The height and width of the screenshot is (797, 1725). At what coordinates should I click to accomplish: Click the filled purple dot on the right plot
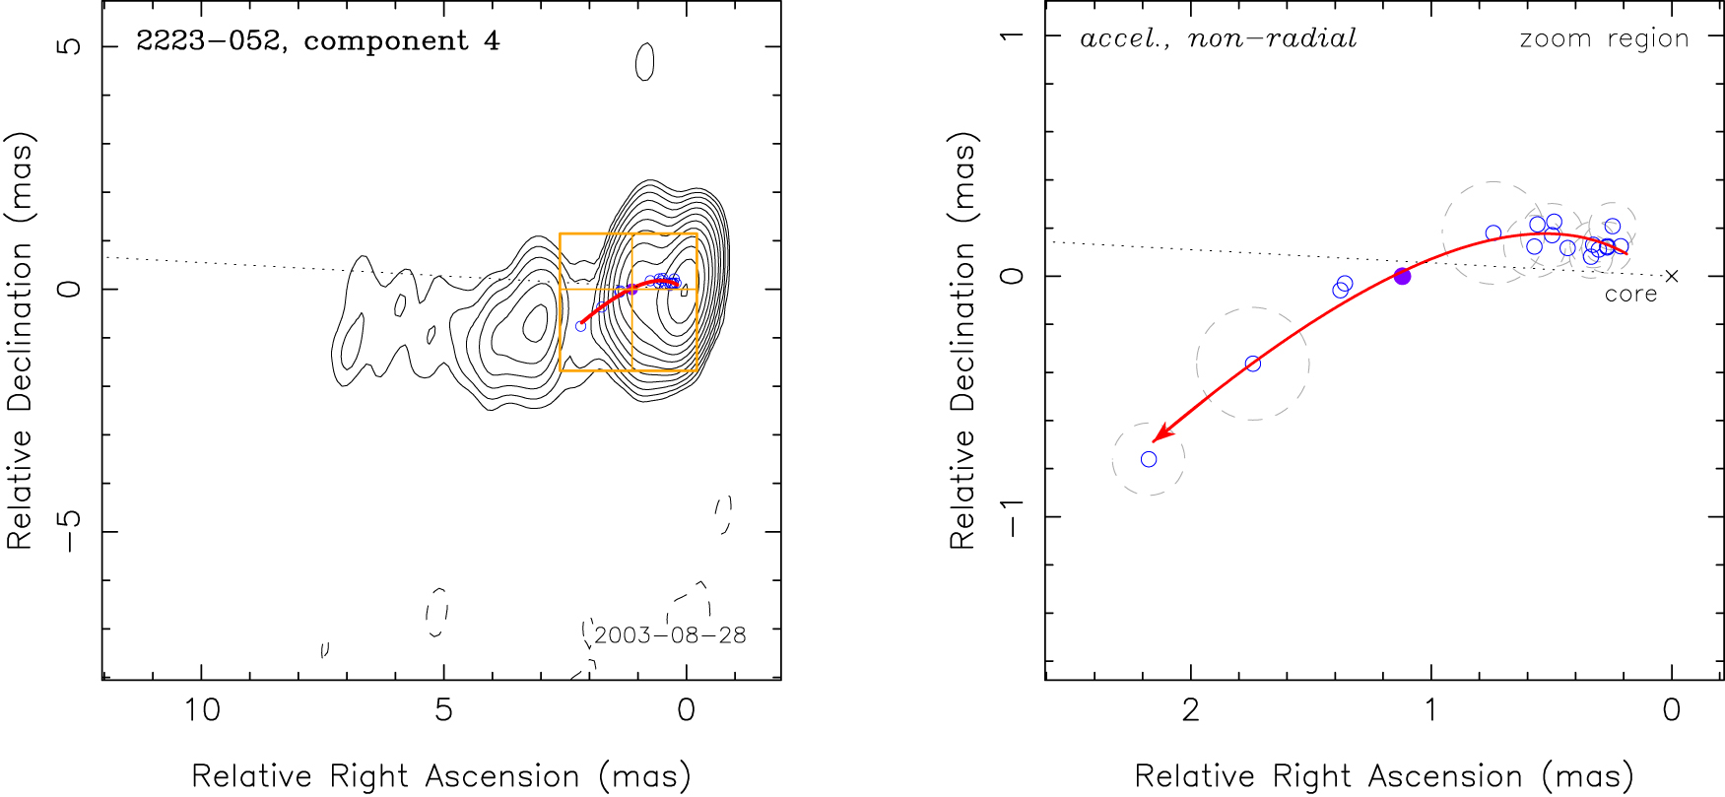[x=1402, y=277]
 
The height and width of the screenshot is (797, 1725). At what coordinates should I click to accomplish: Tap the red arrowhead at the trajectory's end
[x=1160, y=434]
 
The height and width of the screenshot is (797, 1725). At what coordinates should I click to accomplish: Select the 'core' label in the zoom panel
[x=1630, y=295]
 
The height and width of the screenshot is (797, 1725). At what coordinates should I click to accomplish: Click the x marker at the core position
[x=1671, y=277]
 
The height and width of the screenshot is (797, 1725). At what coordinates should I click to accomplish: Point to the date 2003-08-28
[x=670, y=635]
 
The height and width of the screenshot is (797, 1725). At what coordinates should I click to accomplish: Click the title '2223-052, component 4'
[x=317, y=41]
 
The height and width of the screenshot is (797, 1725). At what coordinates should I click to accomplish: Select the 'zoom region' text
[x=1604, y=39]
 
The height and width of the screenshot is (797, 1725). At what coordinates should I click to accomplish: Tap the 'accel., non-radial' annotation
[x=1218, y=39]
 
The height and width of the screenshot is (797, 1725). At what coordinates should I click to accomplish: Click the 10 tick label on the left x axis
[x=202, y=710]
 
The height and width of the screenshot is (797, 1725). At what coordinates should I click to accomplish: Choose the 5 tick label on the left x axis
[x=443, y=710]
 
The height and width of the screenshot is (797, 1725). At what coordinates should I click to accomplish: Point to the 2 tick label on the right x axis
[x=1190, y=710]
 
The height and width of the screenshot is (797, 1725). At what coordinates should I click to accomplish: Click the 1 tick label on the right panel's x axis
[x=1430, y=710]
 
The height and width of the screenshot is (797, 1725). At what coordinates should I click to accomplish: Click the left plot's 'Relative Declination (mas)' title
[x=20, y=340]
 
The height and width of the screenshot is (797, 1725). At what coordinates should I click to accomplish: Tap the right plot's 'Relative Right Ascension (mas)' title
[x=1383, y=776]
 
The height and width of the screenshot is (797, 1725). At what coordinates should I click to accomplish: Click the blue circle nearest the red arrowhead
[x=1149, y=459]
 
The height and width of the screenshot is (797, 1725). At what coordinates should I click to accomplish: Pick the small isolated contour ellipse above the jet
[x=645, y=62]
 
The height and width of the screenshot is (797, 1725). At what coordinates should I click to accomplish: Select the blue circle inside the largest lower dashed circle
[x=1253, y=364]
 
